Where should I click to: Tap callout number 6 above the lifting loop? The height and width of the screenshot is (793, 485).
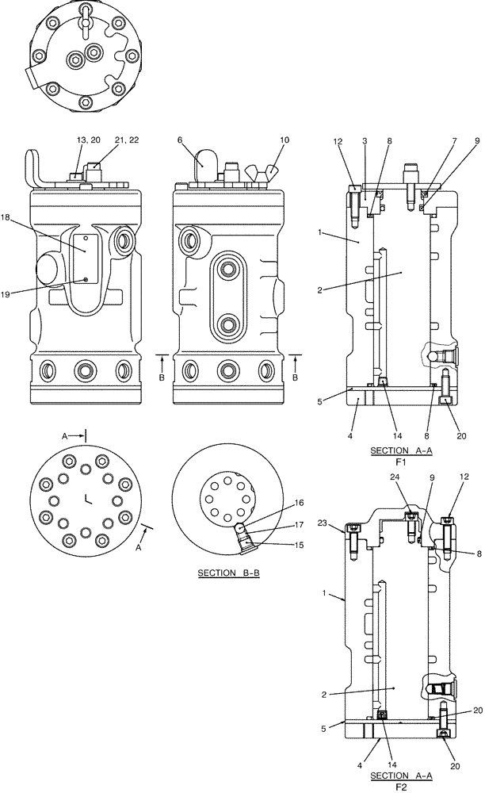pyautogui.click(x=181, y=140)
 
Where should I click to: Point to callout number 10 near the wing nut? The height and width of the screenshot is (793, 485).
pyautogui.click(x=262, y=140)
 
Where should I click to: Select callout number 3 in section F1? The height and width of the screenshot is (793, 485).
pyautogui.click(x=364, y=140)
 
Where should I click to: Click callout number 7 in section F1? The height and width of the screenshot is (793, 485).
pyautogui.click(x=433, y=140)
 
